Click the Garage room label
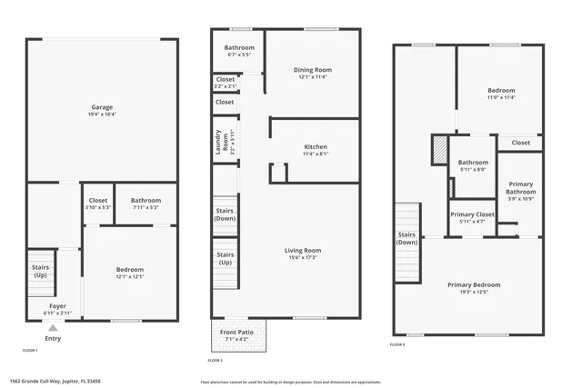click(x=102, y=110)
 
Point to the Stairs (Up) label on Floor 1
click(x=40, y=271)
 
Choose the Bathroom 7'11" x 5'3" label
click(x=145, y=204)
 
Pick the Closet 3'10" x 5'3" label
click(x=98, y=204)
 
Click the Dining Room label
click(x=312, y=73)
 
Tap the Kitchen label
click(x=316, y=150)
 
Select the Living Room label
click(x=303, y=254)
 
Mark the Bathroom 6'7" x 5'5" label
click(x=239, y=51)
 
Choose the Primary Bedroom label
click(x=473, y=288)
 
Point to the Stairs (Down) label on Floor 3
click(x=406, y=238)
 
